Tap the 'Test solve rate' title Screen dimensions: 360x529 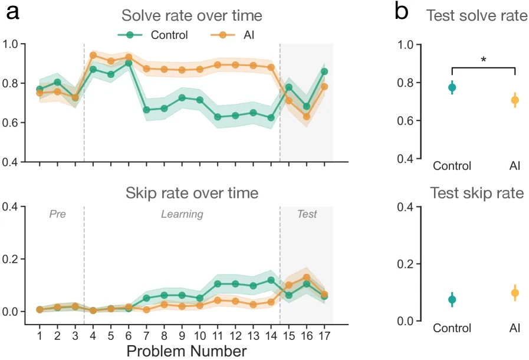(x=477, y=16)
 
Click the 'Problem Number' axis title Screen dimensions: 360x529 (x=186, y=352)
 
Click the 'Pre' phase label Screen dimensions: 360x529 (x=57, y=214)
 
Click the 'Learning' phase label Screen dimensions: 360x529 (x=182, y=214)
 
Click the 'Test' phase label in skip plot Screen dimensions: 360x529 (x=307, y=214)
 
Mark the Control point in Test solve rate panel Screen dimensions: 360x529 (x=452, y=87)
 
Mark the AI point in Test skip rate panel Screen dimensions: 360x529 (x=515, y=293)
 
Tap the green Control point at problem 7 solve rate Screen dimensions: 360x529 (x=147, y=110)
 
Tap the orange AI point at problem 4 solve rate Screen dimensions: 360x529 (x=93, y=55)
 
